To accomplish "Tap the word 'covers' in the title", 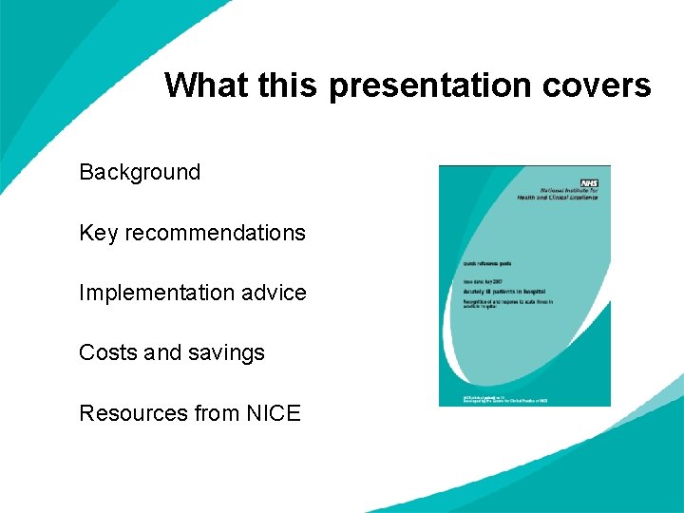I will click(597, 85).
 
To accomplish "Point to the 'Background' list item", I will click(140, 172).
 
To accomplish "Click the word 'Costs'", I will click(108, 352).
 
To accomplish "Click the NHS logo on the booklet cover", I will click(588, 181).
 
